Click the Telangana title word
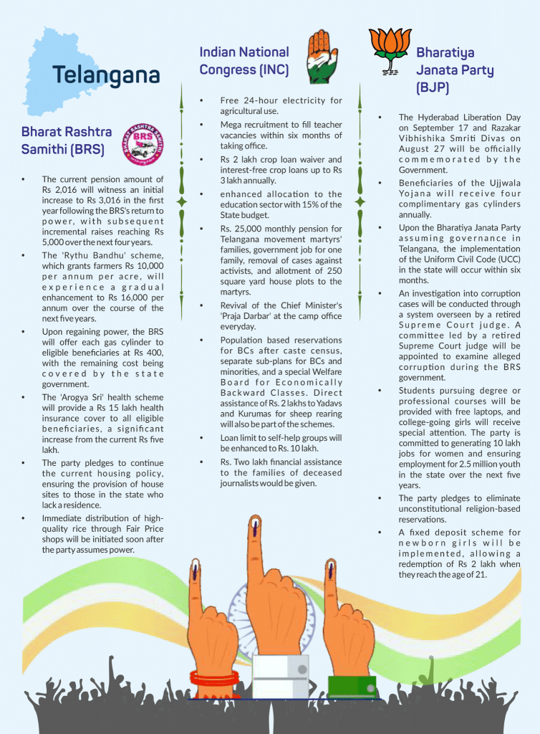tap(105, 75)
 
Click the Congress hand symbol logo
tap(319, 57)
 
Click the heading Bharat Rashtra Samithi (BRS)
tap(66, 140)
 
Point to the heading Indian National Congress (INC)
tap(244, 60)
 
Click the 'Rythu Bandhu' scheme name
tap(80, 255)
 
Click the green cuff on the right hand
tap(351, 685)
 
